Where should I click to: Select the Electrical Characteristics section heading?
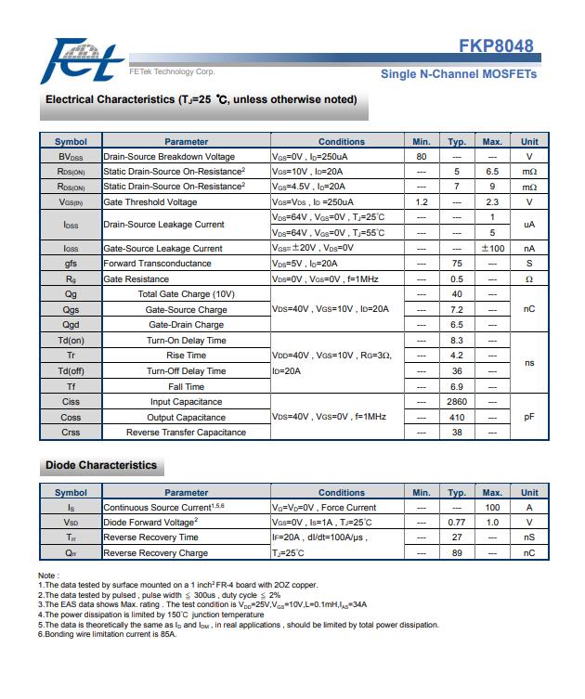tap(201, 99)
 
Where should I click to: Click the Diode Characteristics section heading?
tap(101, 465)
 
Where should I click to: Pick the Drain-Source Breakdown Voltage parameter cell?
tap(169, 156)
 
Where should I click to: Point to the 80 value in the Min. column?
tap(422, 156)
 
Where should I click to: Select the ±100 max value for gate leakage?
tap(492, 249)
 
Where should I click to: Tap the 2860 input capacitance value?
tap(457, 402)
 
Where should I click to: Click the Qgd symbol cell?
tap(71, 325)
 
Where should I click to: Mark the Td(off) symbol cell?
tap(71, 371)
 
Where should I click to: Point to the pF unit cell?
tap(529, 417)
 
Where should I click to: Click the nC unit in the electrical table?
tap(529, 309)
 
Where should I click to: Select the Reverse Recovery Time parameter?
tap(150, 537)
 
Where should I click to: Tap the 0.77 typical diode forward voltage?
tap(457, 523)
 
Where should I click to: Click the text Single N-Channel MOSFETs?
tap(458, 73)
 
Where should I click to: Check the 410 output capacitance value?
tap(457, 417)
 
